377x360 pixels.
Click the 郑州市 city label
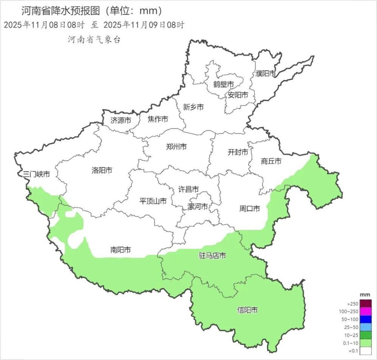[x=176, y=147]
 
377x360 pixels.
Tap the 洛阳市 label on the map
[x=102, y=171]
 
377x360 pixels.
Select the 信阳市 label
[x=248, y=310]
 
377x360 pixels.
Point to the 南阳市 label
[x=121, y=250]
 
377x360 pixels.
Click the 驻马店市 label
[x=212, y=256]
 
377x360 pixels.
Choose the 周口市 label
[x=250, y=209]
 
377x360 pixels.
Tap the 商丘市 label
[x=271, y=161]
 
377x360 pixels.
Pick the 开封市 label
[x=238, y=152]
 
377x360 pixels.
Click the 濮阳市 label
[x=265, y=73]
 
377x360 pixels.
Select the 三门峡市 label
[x=37, y=174]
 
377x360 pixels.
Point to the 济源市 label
[x=121, y=120]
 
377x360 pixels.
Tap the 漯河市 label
[x=197, y=207]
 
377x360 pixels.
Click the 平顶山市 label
[x=153, y=201]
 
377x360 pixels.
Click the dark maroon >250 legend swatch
[x=366, y=303]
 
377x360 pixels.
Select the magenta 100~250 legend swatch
[x=366, y=311]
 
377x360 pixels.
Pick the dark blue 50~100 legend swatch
[x=366, y=319]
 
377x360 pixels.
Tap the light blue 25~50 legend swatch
[x=366, y=327]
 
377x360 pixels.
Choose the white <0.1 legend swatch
[x=366, y=351]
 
